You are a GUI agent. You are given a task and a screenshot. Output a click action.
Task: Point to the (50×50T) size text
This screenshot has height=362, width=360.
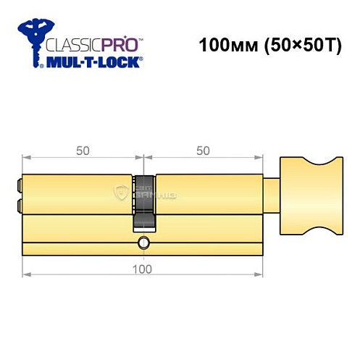(294, 45)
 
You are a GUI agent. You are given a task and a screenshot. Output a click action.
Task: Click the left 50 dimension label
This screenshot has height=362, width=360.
(83, 151)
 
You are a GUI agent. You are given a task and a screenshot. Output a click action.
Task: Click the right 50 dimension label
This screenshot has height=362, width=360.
(203, 151)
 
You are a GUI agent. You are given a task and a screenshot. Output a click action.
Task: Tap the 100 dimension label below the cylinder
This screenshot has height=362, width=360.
(143, 269)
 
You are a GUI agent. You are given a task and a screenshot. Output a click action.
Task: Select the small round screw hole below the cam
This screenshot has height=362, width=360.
(143, 243)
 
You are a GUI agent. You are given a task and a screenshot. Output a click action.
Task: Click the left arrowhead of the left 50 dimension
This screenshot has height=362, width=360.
(26, 157)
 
